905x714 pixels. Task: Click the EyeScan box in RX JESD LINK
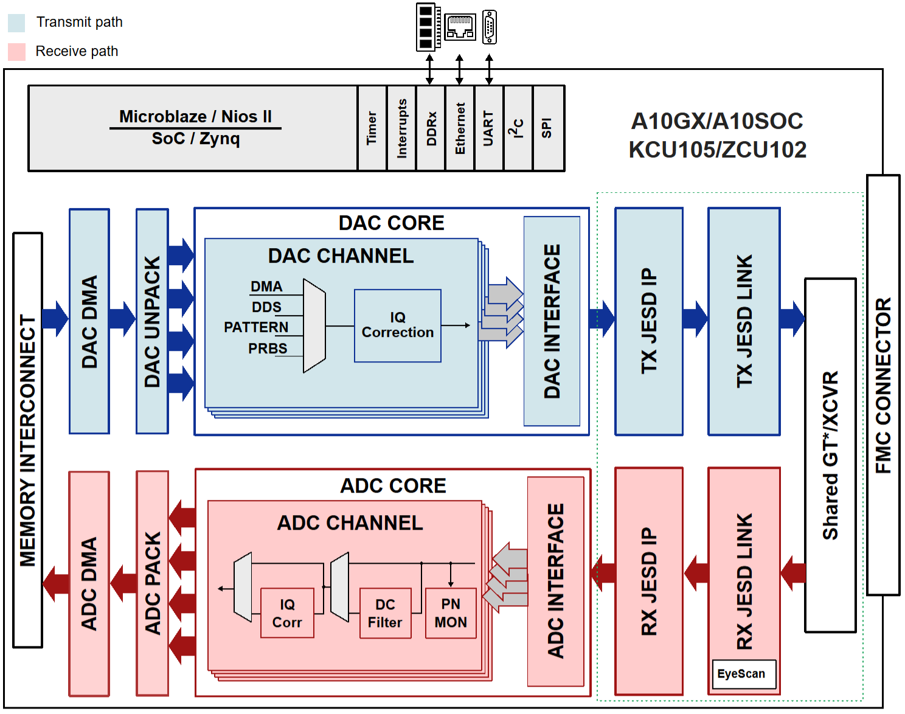(x=744, y=674)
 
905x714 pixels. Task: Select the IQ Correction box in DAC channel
(x=398, y=325)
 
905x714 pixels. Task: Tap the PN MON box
(x=451, y=613)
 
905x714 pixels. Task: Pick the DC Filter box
(x=385, y=613)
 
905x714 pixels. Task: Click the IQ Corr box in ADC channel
(x=287, y=613)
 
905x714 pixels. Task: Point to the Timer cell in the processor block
(x=372, y=128)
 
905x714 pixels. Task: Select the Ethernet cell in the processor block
(x=460, y=128)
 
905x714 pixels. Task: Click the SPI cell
(x=547, y=128)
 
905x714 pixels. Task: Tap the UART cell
(x=488, y=128)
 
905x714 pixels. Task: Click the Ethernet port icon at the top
(x=460, y=27)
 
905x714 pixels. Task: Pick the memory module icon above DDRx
(x=428, y=27)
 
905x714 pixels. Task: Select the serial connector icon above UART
(x=490, y=27)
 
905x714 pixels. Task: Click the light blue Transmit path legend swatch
(x=16, y=23)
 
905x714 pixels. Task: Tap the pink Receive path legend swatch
(x=16, y=52)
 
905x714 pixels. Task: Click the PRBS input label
(x=268, y=348)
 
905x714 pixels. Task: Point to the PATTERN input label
(x=256, y=327)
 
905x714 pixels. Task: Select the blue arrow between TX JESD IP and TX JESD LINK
(x=695, y=318)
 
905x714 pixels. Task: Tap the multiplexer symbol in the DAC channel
(x=314, y=326)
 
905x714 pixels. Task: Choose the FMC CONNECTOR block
(x=883, y=385)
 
